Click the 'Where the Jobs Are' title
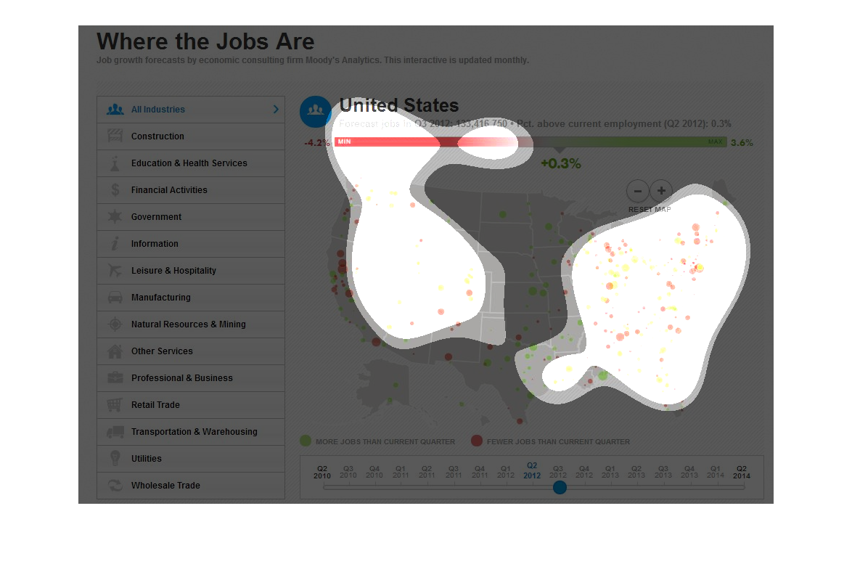[205, 41]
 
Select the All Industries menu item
[158, 110]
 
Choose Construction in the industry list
[157, 136]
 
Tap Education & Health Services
[189, 163]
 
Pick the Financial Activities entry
[169, 190]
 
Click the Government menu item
[156, 217]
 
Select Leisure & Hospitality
[173, 271]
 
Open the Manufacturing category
[160, 298]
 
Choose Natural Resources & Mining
[188, 324]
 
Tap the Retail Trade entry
[155, 405]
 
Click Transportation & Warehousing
[194, 432]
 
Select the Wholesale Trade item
[165, 486]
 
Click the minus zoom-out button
[637, 192]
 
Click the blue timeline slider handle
[560, 487]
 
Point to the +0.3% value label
[560, 164]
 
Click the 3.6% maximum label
[742, 143]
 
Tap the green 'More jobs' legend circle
[306, 441]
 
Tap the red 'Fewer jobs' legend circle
[477, 441]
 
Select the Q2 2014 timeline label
[742, 472]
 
